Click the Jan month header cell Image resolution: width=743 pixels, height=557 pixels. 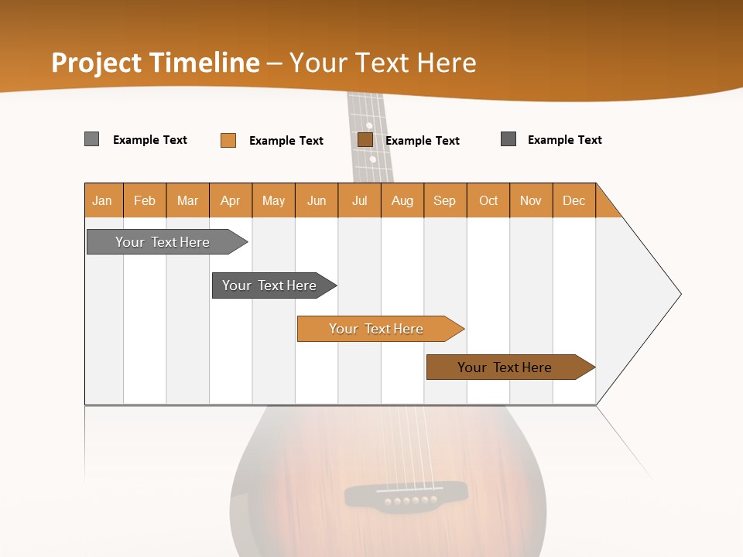[103, 200]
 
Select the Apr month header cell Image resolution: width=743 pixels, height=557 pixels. [231, 200]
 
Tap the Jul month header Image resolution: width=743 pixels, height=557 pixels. [359, 200]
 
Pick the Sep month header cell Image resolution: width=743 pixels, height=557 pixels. [445, 200]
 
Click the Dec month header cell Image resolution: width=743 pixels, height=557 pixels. [574, 200]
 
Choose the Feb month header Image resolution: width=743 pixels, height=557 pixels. [145, 200]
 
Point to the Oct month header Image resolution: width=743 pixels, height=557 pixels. [488, 200]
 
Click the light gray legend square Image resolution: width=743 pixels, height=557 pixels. [92, 139]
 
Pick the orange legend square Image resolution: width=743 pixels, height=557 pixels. [228, 140]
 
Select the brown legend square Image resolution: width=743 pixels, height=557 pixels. [365, 139]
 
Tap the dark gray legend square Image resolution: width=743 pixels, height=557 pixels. [508, 139]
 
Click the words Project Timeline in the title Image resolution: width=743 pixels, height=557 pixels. [155, 63]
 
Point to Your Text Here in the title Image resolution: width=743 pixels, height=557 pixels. [382, 63]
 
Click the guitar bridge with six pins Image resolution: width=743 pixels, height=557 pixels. [406, 494]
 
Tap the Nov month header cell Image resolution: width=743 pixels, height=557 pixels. [531, 200]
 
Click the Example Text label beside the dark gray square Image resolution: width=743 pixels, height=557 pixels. [564, 140]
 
